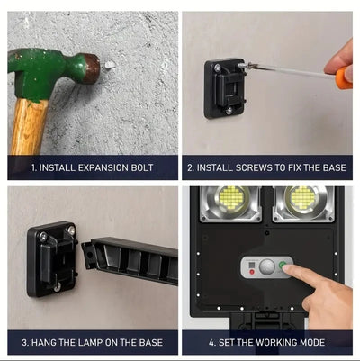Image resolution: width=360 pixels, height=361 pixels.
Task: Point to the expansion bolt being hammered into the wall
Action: (108, 66)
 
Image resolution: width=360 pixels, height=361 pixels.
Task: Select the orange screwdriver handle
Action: (343, 78)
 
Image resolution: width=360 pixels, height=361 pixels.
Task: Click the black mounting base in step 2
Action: (224, 87)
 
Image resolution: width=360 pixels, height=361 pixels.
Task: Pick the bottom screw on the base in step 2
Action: (229, 111)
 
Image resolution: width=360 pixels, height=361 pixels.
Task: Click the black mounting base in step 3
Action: (52, 258)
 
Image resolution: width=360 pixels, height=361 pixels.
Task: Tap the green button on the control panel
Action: (283, 266)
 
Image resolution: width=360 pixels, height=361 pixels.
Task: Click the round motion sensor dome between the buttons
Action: (267, 266)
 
